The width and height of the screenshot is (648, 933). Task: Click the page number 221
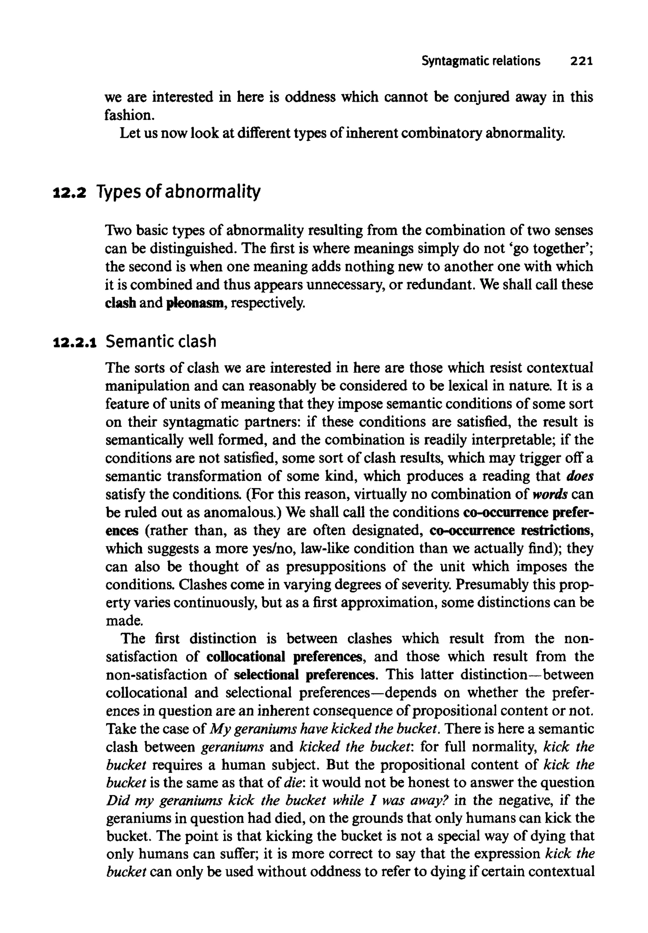582,61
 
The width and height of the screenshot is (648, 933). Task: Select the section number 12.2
70,192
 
